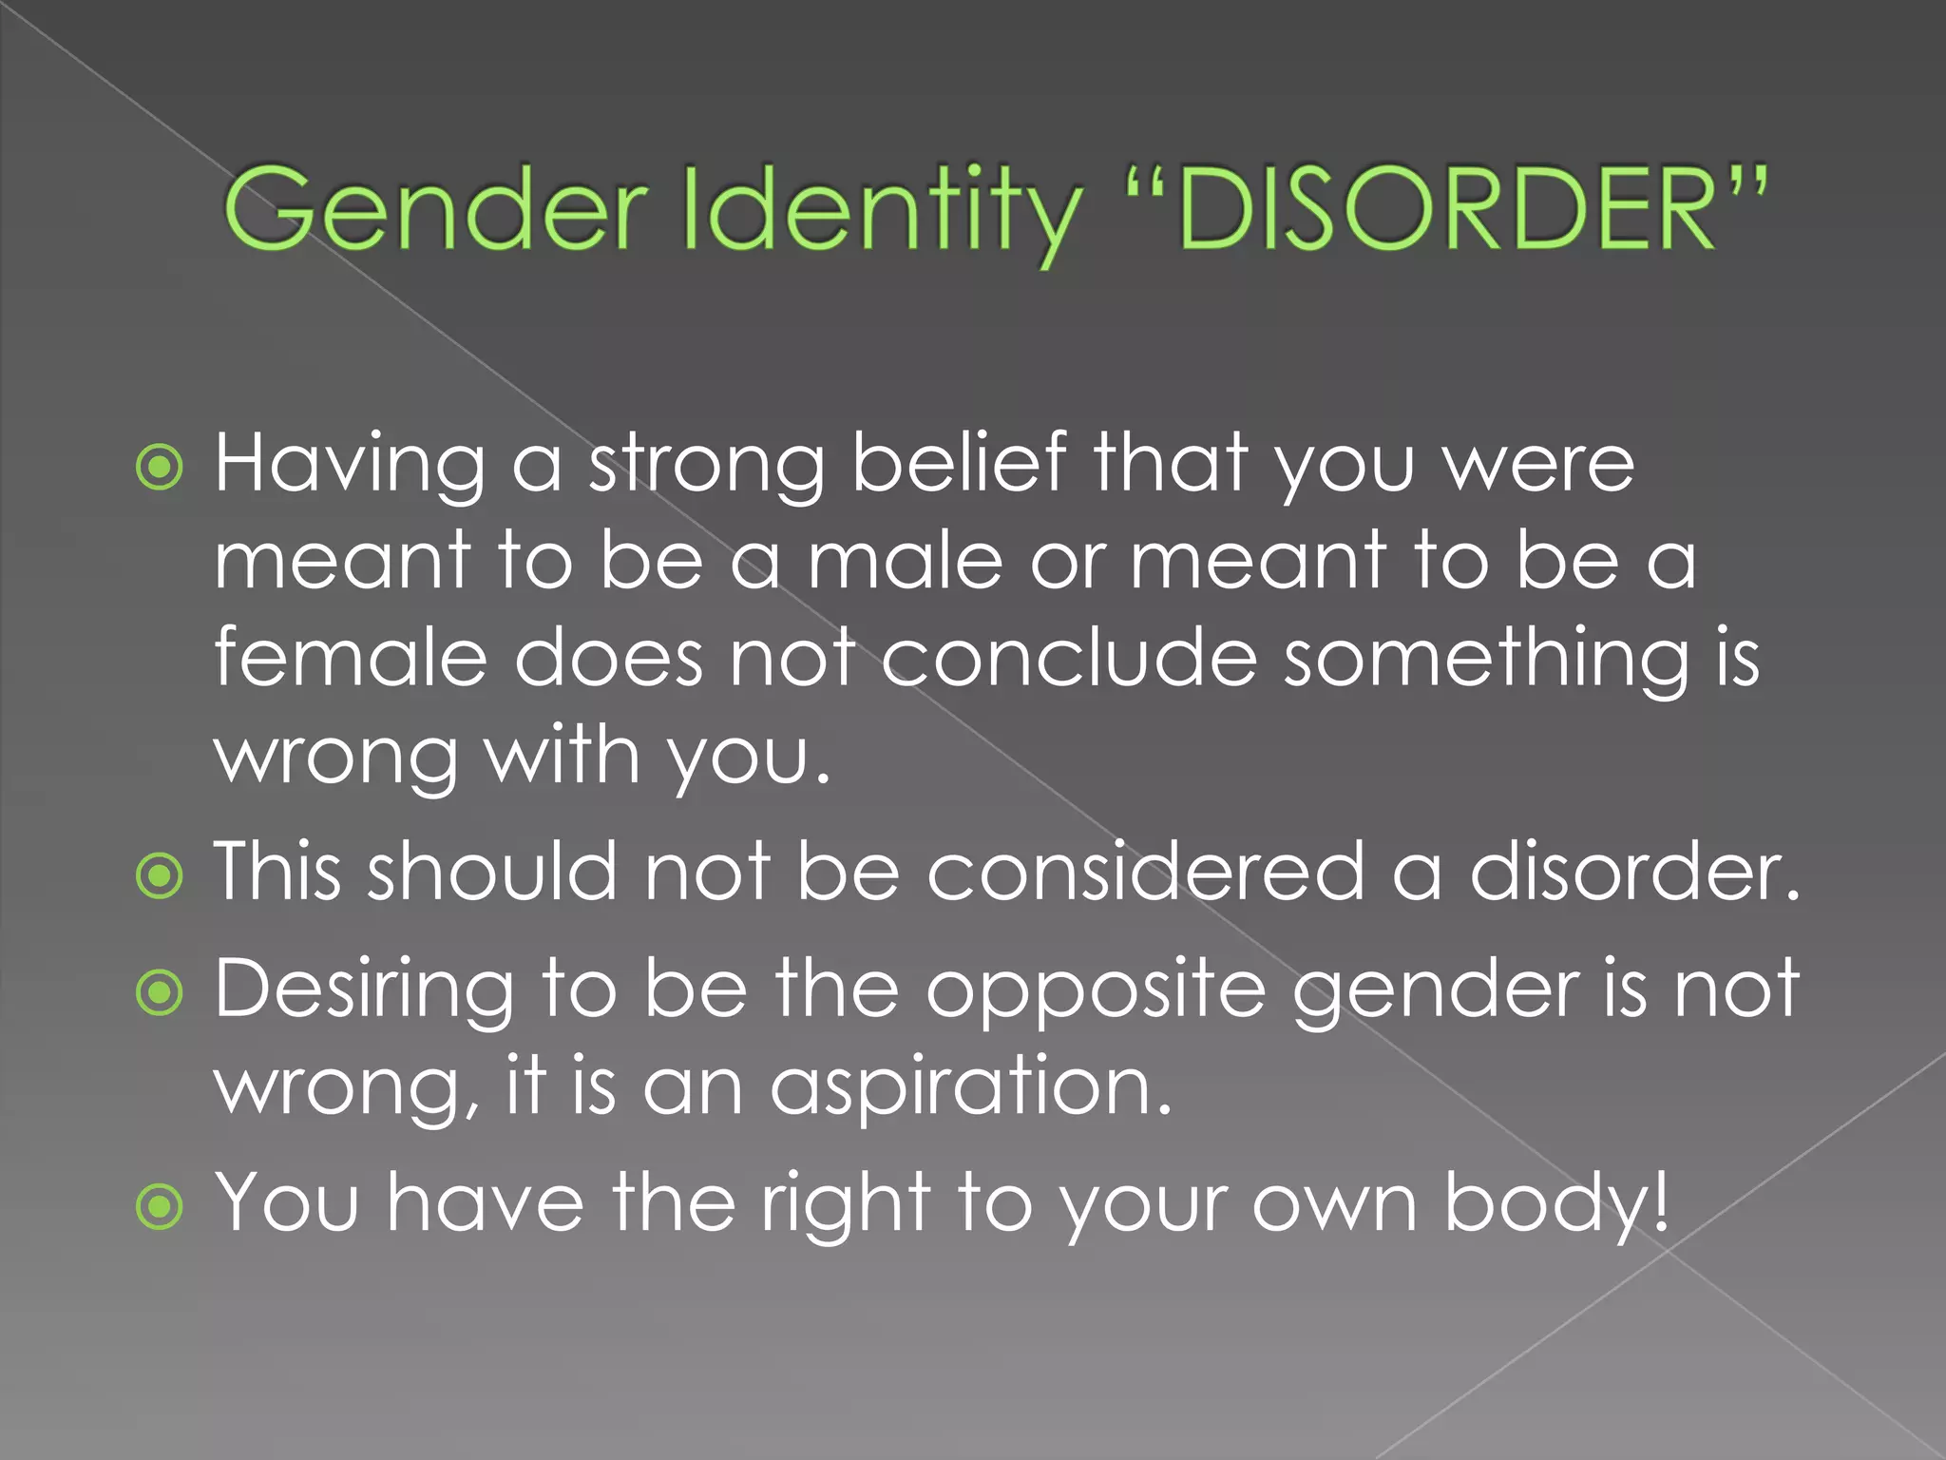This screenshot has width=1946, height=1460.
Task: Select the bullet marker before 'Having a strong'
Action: (160, 467)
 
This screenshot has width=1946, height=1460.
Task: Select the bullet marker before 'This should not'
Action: (160, 875)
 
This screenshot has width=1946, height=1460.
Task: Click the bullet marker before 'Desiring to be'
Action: (160, 993)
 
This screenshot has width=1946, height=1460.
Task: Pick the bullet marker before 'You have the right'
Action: (160, 1207)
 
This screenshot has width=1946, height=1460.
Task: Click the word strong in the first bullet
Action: (706, 465)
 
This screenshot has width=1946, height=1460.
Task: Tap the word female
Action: (351, 658)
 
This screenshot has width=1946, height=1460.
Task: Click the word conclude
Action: (1068, 658)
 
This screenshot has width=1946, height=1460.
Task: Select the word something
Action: (1487, 658)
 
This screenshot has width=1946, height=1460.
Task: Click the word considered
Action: (1145, 872)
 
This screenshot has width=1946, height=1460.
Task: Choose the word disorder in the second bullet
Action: (1634, 872)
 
